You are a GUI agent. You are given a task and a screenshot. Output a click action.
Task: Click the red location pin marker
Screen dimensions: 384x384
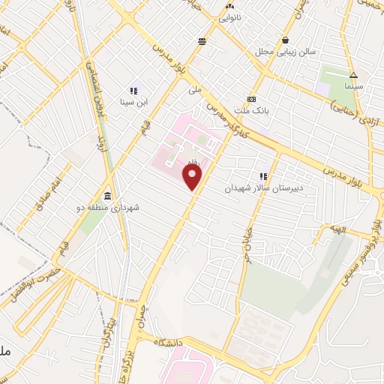(193, 177)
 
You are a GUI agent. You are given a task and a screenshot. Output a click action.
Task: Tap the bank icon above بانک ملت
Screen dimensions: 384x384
(252, 99)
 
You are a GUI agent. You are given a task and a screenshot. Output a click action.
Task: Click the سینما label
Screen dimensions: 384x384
(353, 87)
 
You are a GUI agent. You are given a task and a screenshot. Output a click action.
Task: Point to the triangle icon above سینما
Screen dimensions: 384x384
(353, 75)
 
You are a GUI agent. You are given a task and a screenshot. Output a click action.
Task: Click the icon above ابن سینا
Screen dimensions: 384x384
(133, 90)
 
